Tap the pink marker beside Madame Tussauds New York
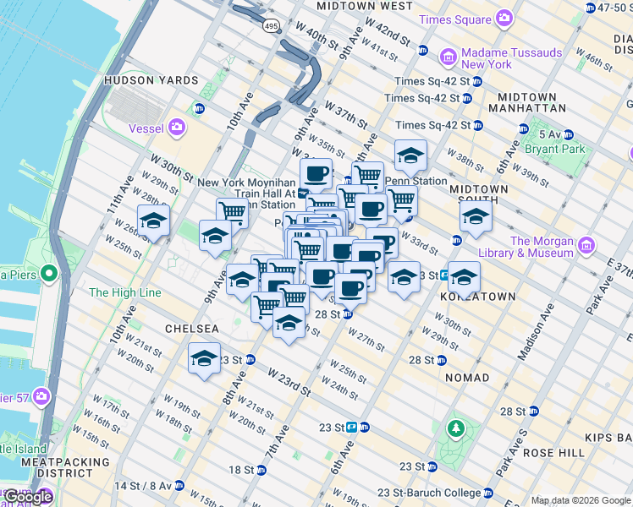click(449, 57)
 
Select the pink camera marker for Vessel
click(177, 128)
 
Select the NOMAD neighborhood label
click(467, 377)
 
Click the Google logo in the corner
click(28, 497)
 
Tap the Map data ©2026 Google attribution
click(581, 500)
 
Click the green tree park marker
click(457, 428)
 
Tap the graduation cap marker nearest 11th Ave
click(153, 221)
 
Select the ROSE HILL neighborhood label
click(554, 453)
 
